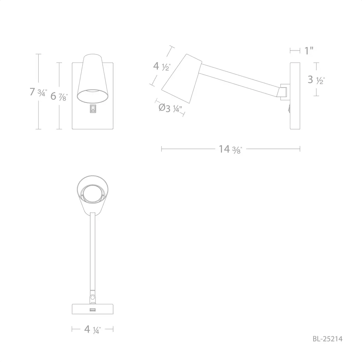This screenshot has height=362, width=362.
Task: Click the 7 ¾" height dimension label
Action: point(38,92)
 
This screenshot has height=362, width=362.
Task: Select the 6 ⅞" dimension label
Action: point(59,96)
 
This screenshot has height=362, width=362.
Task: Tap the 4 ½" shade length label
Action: point(162,66)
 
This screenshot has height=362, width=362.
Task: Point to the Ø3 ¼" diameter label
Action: point(170,108)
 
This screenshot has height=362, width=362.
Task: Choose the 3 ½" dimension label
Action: point(316,80)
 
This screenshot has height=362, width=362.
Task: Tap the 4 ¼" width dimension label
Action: point(92,329)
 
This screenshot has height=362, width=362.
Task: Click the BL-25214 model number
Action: point(328,339)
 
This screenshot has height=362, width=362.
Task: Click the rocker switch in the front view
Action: point(93,109)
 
